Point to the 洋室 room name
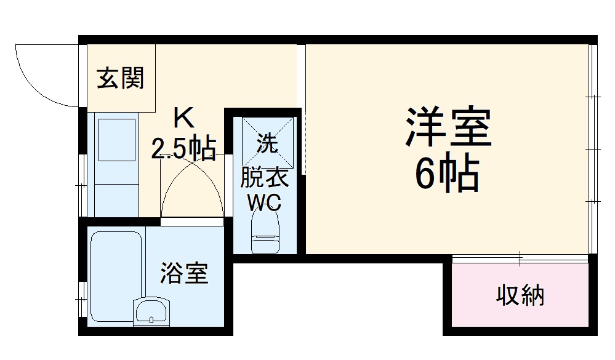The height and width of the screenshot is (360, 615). (x=448, y=127)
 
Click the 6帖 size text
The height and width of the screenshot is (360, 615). (x=447, y=175)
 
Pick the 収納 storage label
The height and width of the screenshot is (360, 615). (x=520, y=297)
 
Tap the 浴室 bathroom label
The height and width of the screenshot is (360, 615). (x=184, y=273)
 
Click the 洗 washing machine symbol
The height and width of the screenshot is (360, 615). (x=267, y=143)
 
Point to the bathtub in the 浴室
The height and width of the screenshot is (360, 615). (x=116, y=271)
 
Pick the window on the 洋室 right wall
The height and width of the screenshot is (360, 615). (x=592, y=148)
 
